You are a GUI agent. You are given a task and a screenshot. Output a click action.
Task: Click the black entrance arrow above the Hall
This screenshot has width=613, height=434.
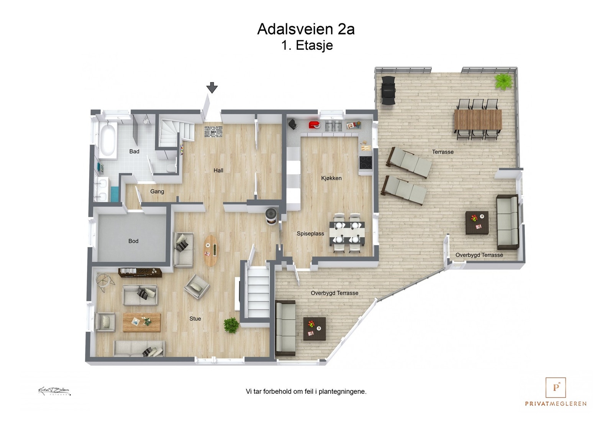click(212, 88)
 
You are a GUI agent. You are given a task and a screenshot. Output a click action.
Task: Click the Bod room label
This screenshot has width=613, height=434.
click(133, 241)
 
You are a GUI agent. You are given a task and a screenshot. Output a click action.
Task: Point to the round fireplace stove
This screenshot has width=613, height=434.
click(272, 215)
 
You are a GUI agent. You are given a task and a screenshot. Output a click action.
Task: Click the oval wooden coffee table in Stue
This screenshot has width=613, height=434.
click(210, 250)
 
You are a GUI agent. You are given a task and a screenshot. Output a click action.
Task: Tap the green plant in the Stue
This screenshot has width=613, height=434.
click(231, 325)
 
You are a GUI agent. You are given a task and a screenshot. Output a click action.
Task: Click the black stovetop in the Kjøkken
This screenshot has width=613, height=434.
click(366, 163)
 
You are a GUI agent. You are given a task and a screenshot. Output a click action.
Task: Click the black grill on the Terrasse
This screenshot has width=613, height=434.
click(388, 90)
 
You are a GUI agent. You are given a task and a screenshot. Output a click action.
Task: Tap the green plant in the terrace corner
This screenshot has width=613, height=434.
click(503, 81)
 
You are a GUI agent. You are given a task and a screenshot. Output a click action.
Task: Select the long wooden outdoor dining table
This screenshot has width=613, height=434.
click(478, 120)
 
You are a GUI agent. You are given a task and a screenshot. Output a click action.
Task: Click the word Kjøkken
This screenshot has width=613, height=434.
click(331, 178)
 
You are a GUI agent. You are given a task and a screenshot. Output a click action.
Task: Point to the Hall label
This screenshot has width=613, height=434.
click(218, 171)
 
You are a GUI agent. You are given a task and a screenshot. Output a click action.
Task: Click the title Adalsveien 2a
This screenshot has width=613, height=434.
click(306, 29)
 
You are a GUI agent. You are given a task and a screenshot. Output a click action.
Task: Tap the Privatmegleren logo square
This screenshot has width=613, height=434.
click(556, 388)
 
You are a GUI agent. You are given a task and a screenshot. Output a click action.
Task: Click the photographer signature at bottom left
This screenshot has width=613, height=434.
click(54, 391)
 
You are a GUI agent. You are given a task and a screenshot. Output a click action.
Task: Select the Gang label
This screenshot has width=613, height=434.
click(157, 192)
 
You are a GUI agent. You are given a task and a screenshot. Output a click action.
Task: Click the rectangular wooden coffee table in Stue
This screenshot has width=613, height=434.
click(141, 322)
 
